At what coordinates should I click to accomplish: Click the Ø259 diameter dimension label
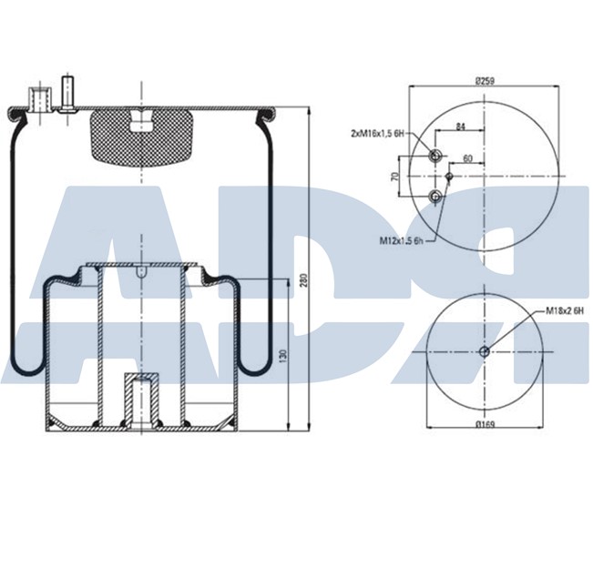[484, 81]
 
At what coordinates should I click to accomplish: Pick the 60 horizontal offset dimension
[467, 158]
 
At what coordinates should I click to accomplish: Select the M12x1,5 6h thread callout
[402, 241]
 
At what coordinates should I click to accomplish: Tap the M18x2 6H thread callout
[564, 311]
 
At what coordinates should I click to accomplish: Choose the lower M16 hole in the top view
[436, 197]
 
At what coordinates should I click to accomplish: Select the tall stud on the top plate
[69, 94]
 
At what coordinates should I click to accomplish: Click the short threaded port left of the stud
[39, 98]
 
